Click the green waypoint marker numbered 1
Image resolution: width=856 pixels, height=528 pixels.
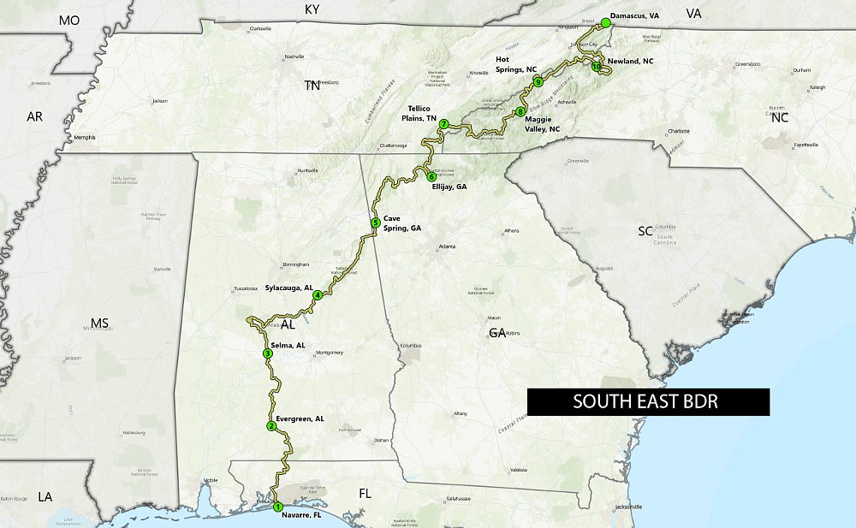tap(277, 507)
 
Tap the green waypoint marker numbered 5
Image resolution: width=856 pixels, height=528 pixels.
tap(375, 223)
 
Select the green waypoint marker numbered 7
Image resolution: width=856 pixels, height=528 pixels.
tap(443, 125)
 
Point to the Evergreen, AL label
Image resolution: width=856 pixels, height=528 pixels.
tap(300, 418)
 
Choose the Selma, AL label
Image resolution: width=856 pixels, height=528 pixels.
tap(288, 345)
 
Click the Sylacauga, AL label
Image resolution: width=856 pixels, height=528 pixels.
tap(288, 288)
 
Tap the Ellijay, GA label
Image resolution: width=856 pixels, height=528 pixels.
tap(449, 186)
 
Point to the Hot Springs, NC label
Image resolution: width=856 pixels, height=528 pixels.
tap(515, 65)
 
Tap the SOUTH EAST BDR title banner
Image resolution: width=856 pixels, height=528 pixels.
tap(647, 401)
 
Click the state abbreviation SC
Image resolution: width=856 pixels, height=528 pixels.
tap(645, 232)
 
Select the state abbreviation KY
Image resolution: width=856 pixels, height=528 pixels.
tap(312, 9)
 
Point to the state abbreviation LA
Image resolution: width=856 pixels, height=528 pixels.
tap(45, 496)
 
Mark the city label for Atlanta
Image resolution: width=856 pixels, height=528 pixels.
tap(447, 246)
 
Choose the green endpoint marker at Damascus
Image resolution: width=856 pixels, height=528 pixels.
tap(605, 22)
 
